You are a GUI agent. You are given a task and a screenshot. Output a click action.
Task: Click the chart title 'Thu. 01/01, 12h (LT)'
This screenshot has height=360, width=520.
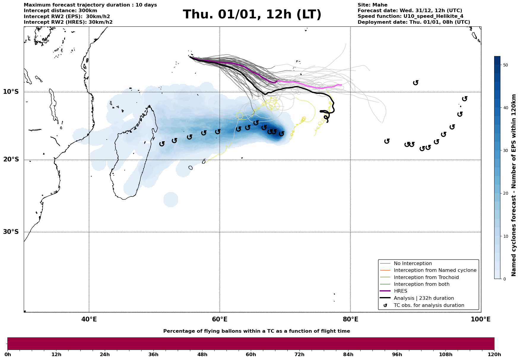point(252,15)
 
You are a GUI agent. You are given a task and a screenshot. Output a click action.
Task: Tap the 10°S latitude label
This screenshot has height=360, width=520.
point(11,92)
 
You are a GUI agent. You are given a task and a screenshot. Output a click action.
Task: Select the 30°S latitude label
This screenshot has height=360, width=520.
point(11,232)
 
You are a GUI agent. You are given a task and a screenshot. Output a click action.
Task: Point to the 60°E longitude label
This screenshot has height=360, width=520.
point(220,319)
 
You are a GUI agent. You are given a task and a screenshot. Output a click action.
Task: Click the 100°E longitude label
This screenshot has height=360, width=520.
point(481,319)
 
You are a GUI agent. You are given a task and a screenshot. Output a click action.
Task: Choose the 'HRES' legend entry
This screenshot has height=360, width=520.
point(400,291)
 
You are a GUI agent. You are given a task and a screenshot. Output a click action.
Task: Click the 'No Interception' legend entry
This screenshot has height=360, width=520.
point(413,264)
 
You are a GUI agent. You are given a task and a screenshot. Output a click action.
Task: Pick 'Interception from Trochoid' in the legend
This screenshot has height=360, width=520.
point(426,277)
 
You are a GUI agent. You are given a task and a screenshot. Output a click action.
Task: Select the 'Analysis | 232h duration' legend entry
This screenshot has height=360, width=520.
point(424,298)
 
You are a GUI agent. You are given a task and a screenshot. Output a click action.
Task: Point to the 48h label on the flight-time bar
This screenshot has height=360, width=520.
point(202,355)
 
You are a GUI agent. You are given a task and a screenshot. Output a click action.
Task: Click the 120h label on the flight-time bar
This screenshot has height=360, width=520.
point(494,355)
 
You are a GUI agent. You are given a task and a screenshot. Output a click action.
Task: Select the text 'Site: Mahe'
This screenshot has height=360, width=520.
point(372,5)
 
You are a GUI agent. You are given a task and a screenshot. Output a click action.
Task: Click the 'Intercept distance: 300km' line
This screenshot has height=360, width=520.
point(60,11)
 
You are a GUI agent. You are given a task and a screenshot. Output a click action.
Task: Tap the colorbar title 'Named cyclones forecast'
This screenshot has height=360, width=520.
point(514,185)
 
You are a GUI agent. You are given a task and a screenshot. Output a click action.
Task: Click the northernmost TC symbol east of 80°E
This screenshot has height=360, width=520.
point(416,83)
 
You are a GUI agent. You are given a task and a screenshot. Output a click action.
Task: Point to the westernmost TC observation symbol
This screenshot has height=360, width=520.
point(162,144)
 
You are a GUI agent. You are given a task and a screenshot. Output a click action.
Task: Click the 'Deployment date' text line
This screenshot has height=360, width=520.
point(413,22)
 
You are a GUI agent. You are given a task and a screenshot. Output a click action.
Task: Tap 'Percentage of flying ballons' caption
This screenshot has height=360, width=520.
point(256,331)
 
